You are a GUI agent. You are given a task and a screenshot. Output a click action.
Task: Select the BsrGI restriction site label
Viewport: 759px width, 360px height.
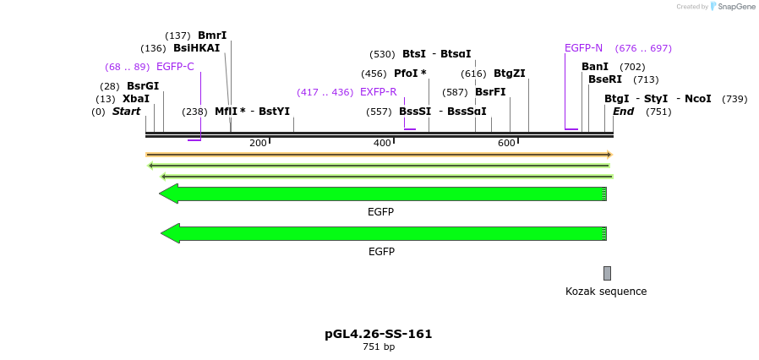143,86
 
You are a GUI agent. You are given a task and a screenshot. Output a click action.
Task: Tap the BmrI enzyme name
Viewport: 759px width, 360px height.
212,35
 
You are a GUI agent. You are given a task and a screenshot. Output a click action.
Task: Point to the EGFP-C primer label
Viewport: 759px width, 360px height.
175,67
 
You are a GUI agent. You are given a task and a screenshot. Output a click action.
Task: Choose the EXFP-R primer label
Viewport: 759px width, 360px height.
378,92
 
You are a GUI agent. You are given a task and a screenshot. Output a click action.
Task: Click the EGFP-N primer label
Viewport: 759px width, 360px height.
583,48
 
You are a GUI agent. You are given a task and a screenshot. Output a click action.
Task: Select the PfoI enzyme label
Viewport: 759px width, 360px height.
410,74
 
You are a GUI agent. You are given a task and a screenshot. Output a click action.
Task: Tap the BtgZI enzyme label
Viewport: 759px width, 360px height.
509,74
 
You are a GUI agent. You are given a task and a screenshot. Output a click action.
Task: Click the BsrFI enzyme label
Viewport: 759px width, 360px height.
490,92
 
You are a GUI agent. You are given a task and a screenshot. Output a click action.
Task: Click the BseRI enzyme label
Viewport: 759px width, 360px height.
605,79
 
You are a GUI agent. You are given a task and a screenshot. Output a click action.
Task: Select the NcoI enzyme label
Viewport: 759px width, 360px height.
697,99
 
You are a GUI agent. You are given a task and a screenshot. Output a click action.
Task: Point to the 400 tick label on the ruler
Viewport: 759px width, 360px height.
383,143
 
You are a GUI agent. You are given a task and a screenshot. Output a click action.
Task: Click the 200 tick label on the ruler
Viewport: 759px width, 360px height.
258,143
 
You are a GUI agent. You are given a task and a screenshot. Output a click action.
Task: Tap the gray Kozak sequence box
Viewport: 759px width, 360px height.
607,273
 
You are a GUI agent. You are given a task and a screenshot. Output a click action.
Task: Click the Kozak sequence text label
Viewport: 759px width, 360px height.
606,292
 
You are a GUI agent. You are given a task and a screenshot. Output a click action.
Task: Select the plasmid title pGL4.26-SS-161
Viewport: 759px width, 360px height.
379,334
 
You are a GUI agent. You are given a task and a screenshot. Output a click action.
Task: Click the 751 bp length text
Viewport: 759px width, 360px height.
379,346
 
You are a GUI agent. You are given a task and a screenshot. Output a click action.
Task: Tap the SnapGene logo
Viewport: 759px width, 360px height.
732,7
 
